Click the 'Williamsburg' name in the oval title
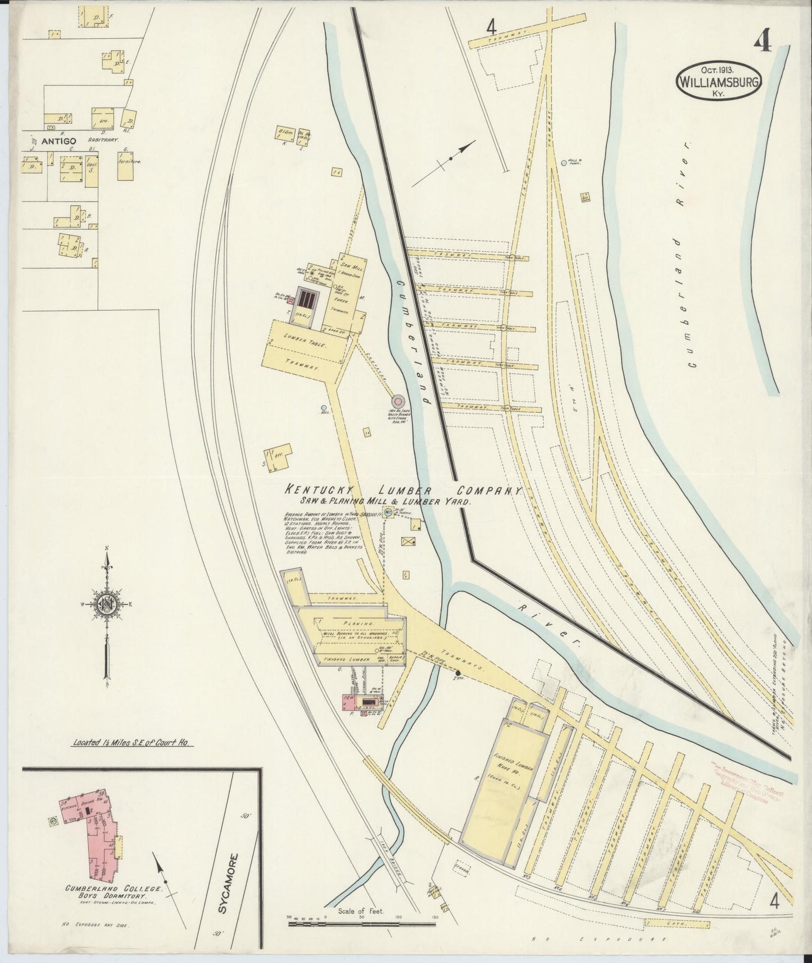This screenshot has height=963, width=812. pos(719,81)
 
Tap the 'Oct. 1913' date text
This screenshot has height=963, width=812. pos(719,70)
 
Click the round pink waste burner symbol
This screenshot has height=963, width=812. pos(398,401)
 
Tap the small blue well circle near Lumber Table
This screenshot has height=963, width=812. pos(323,408)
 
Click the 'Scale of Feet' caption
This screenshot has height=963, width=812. pos(360,911)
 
